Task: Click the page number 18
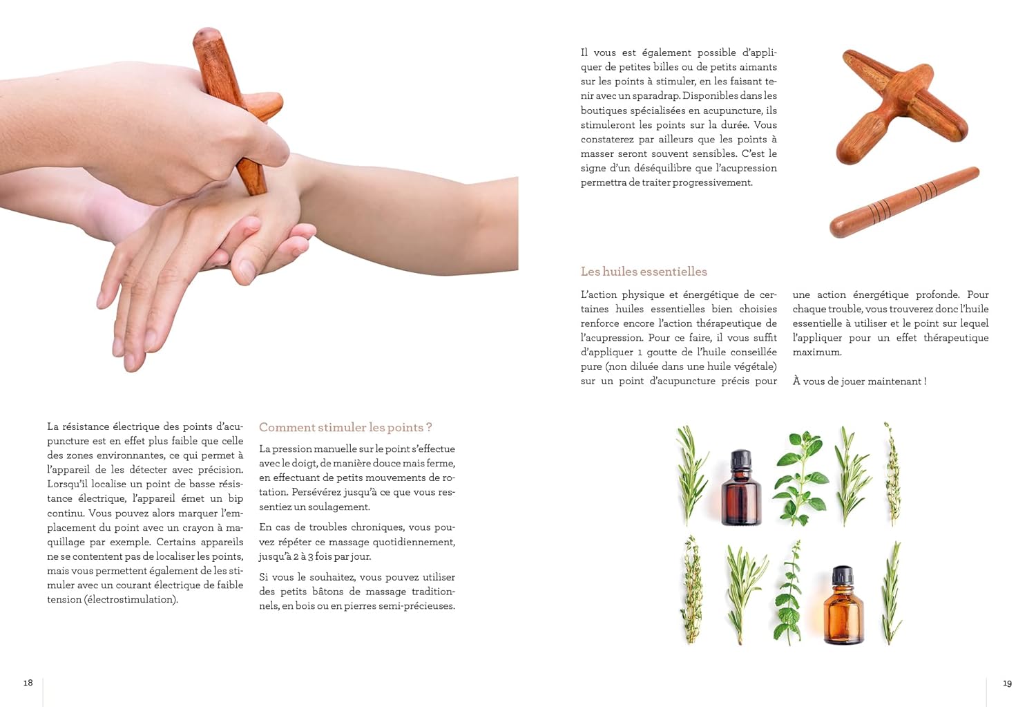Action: [28, 683]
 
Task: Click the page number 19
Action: [1007, 684]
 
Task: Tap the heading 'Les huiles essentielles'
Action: [644, 272]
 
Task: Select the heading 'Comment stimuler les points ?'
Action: [345, 428]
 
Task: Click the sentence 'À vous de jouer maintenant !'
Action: [859, 381]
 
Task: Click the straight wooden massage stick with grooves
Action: [904, 202]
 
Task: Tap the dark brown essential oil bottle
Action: [741, 488]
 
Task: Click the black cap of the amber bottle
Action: [842, 575]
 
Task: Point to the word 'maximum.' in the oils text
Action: [817, 352]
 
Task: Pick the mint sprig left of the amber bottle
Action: [789, 592]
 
